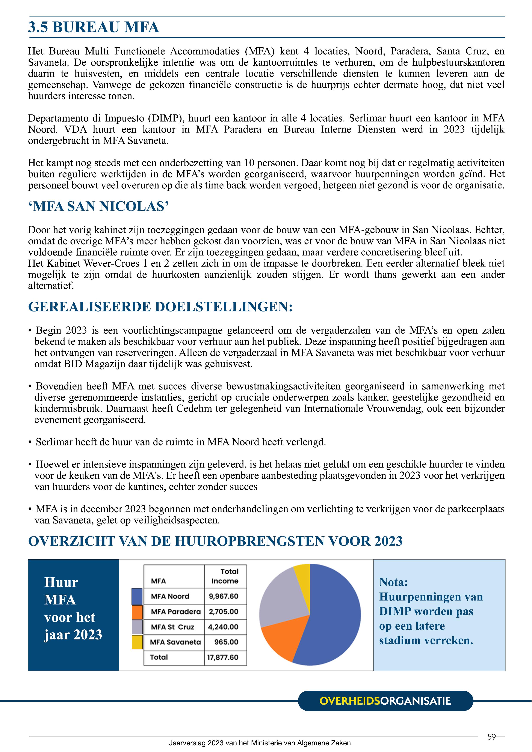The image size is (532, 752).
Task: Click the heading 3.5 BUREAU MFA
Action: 93,27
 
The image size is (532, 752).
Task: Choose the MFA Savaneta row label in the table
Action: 175,642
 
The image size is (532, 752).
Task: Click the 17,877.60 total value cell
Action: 223,657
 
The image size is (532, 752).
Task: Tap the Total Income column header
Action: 225,576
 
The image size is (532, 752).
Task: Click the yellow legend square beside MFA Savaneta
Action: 137,642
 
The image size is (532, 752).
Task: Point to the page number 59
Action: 491,737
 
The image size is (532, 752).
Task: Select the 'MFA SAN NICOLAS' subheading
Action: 98,206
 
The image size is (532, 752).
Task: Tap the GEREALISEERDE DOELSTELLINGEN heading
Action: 160,307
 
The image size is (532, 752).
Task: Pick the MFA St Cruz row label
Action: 172,627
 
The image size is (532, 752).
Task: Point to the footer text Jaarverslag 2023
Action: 260,743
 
